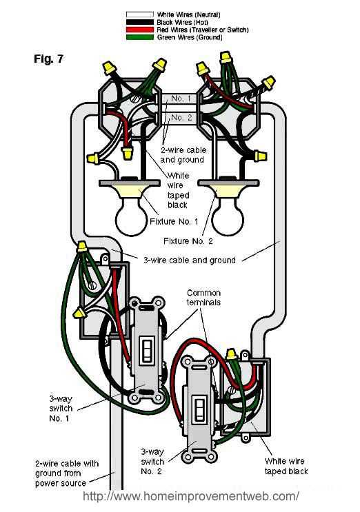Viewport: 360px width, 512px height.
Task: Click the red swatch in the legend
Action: pos(139,30)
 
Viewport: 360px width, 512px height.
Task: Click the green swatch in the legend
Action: pos(139,37)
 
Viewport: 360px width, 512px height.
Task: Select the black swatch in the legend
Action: pos(139,22)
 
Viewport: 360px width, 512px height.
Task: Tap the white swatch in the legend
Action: pos(139,14)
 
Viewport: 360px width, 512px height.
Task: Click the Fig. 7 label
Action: pos(48,59)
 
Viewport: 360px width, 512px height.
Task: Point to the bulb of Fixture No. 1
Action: pos(131,218)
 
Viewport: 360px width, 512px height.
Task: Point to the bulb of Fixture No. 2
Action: pos(228,218)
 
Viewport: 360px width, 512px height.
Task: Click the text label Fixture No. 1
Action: pos(174,221)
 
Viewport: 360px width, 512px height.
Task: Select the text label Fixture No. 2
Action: pos(188,241)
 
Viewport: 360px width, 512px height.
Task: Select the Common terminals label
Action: pos(203,298)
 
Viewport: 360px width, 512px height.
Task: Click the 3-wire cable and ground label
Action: pos(190,260)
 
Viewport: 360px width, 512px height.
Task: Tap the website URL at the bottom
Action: pos(191,496)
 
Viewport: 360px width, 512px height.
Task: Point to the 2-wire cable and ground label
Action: pos(183,155)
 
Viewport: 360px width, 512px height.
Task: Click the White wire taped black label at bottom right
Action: pos(286,466)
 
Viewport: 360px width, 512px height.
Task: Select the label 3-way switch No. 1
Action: pos(61,408)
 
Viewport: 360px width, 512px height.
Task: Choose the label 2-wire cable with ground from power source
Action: pos(67,473)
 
